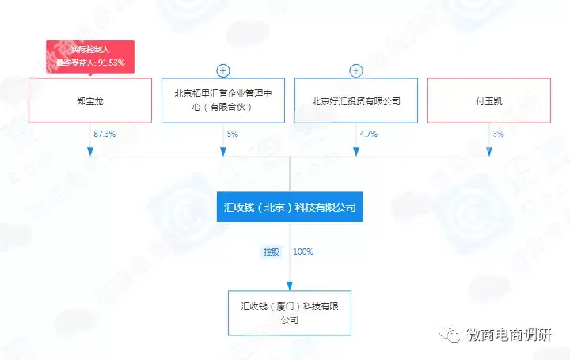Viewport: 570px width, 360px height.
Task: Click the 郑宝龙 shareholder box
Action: (x=90, y=100)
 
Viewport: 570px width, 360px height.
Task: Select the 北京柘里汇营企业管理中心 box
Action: (x=223, y=100)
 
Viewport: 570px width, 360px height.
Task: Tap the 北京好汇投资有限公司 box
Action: (x=356, y=100)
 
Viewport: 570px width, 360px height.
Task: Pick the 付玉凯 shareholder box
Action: (x=489, y=100)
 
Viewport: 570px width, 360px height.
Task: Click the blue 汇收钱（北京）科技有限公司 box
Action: (x=290, y=207)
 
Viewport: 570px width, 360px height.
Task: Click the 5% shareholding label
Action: (x=233, y=135)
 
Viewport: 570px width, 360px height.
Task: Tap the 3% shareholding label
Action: (x=498, y=135)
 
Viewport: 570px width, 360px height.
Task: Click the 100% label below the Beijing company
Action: (x=303, y=252)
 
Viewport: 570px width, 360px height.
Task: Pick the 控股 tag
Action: (x=272, y=252)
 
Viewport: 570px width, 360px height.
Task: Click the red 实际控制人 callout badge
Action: (x=90, y=56)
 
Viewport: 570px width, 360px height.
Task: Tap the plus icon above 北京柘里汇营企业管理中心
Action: (x=223, y=71)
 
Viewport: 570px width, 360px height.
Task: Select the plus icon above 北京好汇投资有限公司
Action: (x=356, y=71)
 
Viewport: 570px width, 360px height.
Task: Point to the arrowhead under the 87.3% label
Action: (x=90, y=151)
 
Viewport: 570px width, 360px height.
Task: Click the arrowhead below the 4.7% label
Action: (x=356, y=151)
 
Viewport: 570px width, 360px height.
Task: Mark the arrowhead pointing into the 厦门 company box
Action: (x=290, y=286)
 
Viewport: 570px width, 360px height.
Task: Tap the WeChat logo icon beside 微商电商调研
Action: (x=450, y=335)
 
